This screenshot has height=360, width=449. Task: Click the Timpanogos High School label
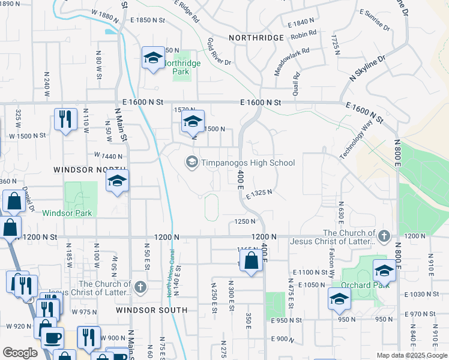[248, 163]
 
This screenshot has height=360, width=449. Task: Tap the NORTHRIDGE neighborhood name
[256, 37]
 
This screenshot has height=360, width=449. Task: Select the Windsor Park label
[67, 213]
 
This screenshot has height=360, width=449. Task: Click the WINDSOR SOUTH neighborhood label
[151, 310]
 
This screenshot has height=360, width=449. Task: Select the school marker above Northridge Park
[153, 58]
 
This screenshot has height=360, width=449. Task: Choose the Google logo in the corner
[20, 353]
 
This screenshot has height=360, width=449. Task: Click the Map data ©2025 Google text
[411, 355]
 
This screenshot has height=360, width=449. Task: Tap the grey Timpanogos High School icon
[191, 162]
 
